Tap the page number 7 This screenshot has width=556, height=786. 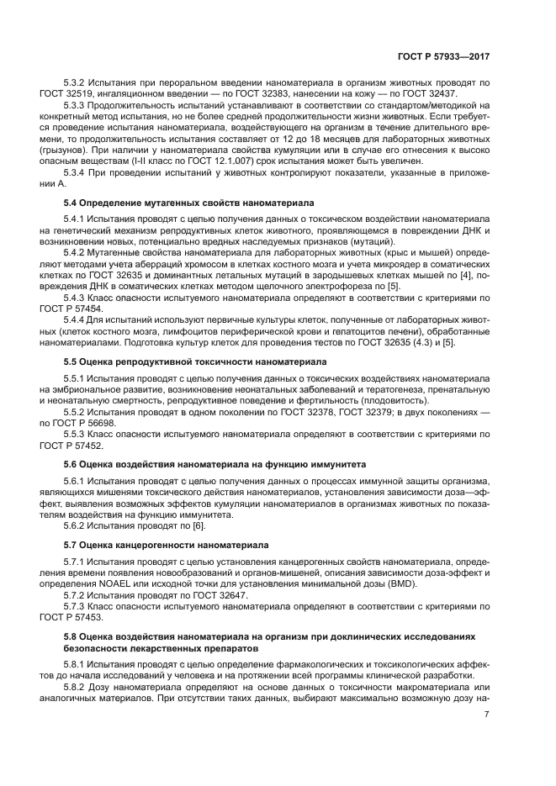[x=486, y=715]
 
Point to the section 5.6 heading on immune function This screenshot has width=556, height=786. [x=214, y=464]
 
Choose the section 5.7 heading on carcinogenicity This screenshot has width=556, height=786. [x=167, y=544]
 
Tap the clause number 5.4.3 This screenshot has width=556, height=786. [x=77, y=297]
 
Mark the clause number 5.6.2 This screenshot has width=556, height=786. [x=77, y=525]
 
